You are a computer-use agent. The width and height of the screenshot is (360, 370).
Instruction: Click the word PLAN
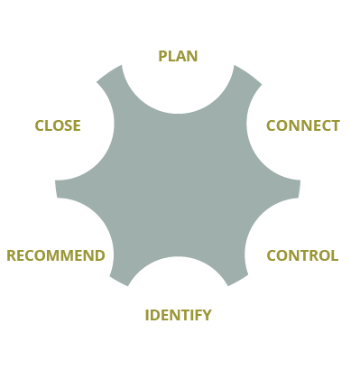178,56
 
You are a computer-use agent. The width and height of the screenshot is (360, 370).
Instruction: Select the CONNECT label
302,125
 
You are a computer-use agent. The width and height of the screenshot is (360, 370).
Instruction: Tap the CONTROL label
302,255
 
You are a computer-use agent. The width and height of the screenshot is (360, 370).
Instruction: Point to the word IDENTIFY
178,315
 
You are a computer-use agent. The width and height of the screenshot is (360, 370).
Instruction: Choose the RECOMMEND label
56,255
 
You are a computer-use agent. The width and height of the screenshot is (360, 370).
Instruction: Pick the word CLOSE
58,125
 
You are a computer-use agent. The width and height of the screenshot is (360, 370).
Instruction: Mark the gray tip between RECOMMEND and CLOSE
61,188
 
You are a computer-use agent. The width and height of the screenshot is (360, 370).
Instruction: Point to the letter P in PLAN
162,56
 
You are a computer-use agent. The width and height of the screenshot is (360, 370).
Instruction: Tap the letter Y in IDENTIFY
207,315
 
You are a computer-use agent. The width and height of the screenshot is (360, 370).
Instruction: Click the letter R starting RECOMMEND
12,255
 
